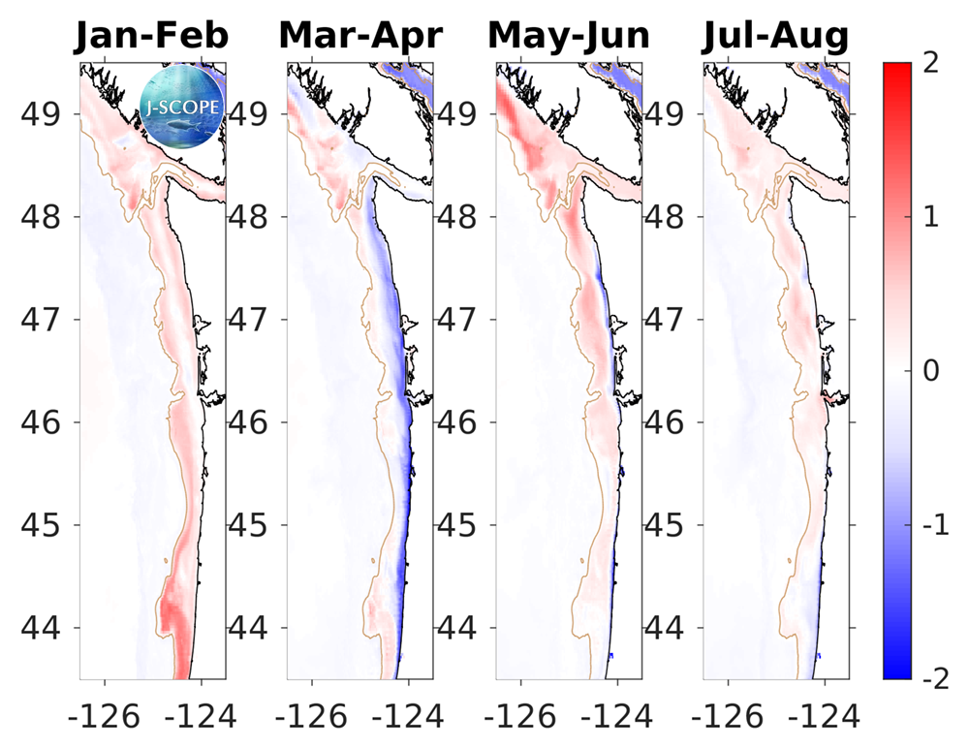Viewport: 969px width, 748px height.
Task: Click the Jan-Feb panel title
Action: pyautogui.click(x=153, y=36)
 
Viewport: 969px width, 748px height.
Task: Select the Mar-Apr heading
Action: pyautogui.click(x=360, y=36)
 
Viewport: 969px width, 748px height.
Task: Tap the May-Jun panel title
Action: pyautogui.click(x=569, y=36)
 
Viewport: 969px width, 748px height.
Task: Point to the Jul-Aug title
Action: pyautogui.click(x=776, y=36)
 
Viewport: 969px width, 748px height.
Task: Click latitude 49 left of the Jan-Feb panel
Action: pyautogui.click(x=45, y=113)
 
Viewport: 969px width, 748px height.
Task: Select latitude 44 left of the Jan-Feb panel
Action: pyautogui.click(x=45, y=628)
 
